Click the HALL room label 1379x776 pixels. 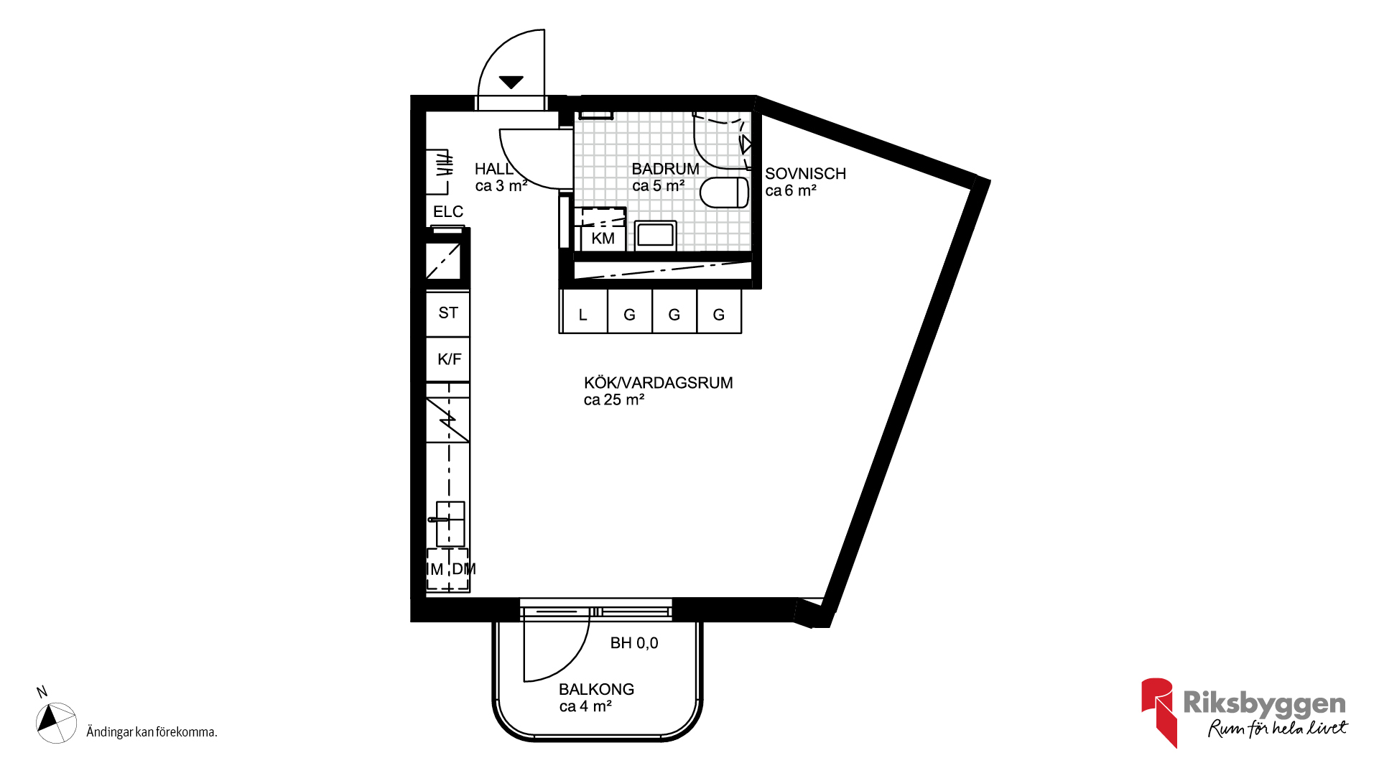click(493, 169)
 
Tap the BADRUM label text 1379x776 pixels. click(665, 169)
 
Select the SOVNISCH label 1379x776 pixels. click(805, 174)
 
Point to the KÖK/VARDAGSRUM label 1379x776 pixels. click(658, 383)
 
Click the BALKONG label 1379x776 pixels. click(596, 689)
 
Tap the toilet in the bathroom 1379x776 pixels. click(724, 193)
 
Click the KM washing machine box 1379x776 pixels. click(603, 238)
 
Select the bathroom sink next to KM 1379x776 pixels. click(655, 235)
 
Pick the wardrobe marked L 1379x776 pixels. click(583, 312)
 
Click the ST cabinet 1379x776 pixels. click(447, 313)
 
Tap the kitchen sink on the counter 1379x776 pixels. click(450, 524)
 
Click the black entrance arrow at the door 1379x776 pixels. click(511, 82)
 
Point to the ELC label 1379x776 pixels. click(447, 212)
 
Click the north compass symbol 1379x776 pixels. click(56, 722)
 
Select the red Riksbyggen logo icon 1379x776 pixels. click(1158, 711)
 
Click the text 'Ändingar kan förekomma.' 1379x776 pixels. click(152, 732)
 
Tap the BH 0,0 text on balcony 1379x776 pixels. click(634, 643)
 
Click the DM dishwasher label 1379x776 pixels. click(463, 569)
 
